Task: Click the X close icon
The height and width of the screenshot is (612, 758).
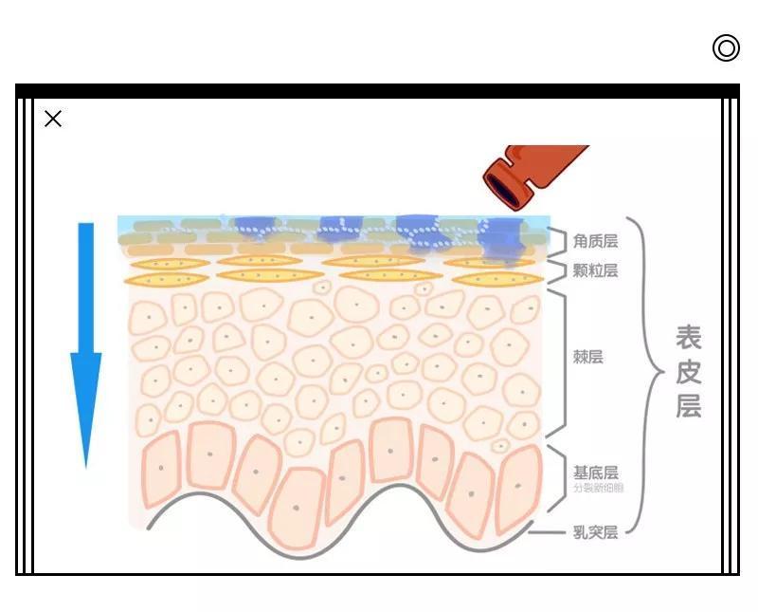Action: [53, 119]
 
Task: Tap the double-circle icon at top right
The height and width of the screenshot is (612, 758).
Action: [726, 47]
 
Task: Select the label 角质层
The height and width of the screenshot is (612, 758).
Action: [595, 242]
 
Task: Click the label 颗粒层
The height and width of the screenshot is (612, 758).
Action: [595, 270]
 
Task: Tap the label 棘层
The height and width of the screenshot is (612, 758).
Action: [587, 357]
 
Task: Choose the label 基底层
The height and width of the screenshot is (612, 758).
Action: [595, 473]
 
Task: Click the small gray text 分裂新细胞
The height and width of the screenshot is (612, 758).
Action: [598, 489]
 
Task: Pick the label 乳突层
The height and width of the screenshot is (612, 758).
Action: [595, 532]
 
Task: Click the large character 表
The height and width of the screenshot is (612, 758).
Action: [689, 337]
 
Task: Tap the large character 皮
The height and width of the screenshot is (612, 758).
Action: [689, 371]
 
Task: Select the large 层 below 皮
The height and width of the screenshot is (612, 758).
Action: [689, 405]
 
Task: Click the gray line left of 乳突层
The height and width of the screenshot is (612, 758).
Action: [547, 532]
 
